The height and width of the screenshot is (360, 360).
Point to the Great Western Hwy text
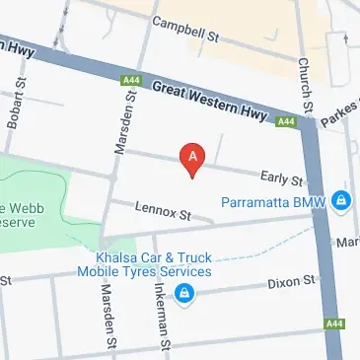pos(208,103)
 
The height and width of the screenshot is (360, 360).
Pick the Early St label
pos(281,178)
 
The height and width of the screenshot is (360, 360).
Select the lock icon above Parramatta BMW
pos(340,200)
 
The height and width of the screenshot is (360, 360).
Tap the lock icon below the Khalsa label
pos(183,292)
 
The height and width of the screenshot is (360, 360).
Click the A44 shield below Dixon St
pos(334,323)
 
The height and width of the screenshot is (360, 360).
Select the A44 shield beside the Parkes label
pos(286,121)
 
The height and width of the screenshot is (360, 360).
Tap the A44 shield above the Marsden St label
pos(129,79)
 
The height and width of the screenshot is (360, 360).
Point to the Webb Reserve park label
pos(20,215)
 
